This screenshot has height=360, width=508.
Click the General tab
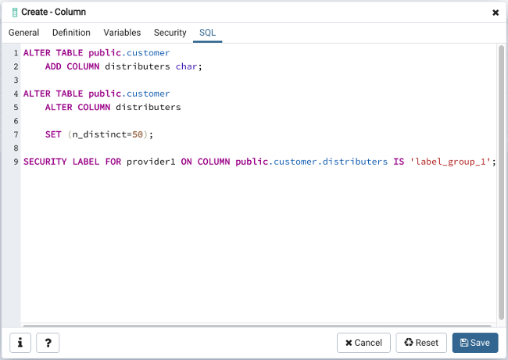(23, 33)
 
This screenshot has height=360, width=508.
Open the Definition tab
(71, 33)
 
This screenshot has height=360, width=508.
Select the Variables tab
(122, 33)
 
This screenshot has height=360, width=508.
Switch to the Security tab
(170, 33)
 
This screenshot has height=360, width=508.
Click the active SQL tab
(207, 33)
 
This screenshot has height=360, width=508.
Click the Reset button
(421, 343)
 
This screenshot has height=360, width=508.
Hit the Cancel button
(363, 343)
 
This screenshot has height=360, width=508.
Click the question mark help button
(48, 343)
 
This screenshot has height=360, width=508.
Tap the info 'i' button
(20, 343)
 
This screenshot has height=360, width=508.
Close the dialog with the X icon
(495, 12)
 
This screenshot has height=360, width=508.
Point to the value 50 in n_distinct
(138, 134)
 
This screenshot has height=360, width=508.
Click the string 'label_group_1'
(451, 162)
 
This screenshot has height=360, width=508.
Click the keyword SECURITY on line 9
(45, 162)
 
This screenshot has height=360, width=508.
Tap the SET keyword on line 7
(53, 134)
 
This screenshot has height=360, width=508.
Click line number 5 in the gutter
(16, 107)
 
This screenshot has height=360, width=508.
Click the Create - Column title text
(53, 12)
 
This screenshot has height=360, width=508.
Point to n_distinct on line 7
(99, 134)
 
